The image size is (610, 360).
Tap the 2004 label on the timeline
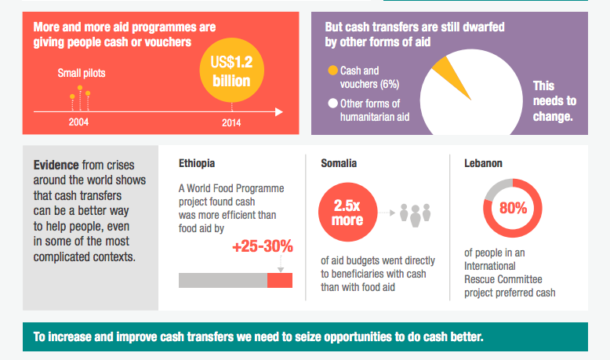78,122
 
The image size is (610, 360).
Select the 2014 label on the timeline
231,122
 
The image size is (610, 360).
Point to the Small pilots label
82,74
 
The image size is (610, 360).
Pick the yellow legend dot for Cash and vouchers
332,70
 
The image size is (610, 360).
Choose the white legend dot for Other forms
332,104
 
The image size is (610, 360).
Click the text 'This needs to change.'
554,101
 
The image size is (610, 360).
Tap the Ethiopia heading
197,164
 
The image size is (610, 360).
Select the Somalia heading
339,164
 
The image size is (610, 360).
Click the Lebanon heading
483,164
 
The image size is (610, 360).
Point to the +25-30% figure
263,247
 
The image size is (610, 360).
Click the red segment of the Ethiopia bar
280,280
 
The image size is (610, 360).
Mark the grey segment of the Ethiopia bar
223,280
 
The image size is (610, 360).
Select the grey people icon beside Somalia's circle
416,213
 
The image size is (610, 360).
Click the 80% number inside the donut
513,209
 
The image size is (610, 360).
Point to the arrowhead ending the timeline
280,112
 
